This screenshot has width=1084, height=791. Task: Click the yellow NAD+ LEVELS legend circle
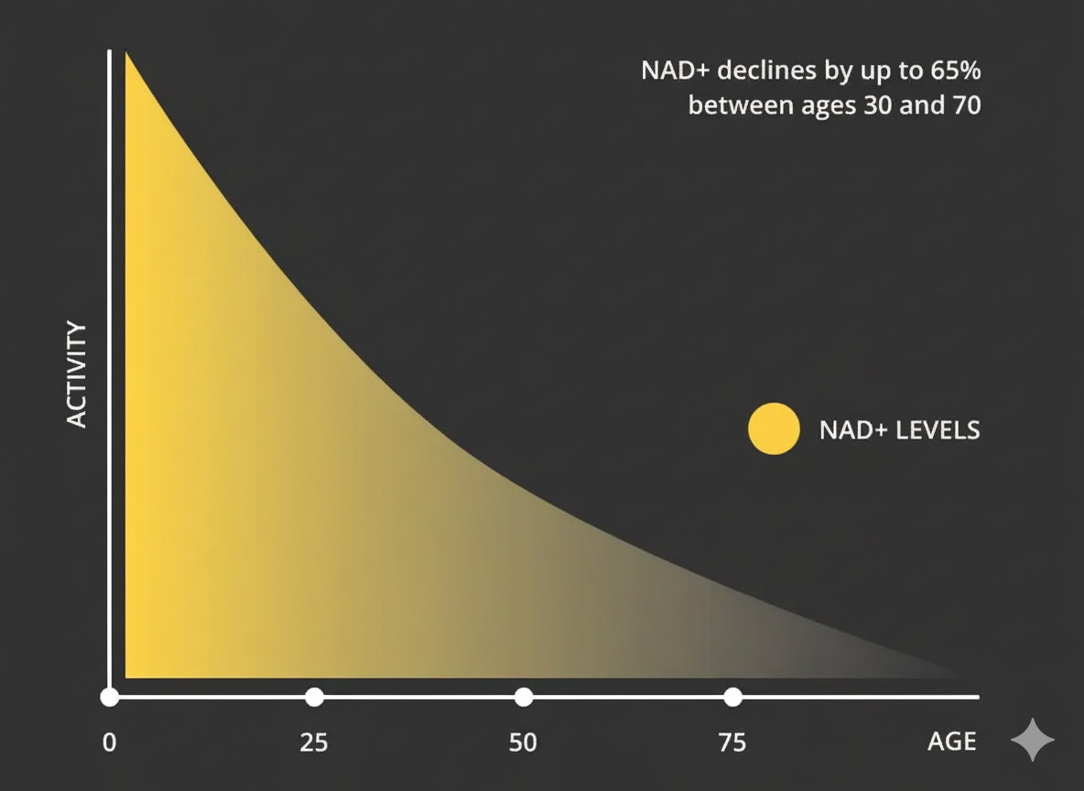pos(774,428)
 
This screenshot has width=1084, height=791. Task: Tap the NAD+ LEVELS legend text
pos(899,429)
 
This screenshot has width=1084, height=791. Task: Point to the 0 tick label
pos(109,742)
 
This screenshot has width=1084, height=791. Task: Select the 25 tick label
pos(314,742)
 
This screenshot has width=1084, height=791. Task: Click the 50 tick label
pos(523,742)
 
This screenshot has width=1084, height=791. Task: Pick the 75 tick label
pos(732,742)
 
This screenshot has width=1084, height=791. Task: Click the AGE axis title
pos(951,742)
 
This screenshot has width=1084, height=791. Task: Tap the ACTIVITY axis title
pos(78,374)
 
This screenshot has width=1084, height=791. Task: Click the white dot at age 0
pos(110,697)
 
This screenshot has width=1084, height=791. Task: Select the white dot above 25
pos(314,697)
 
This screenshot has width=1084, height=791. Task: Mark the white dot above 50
pos(523,697)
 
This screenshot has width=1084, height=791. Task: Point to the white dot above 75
pos(732,697)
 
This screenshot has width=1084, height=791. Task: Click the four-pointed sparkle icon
pos(1032,740)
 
